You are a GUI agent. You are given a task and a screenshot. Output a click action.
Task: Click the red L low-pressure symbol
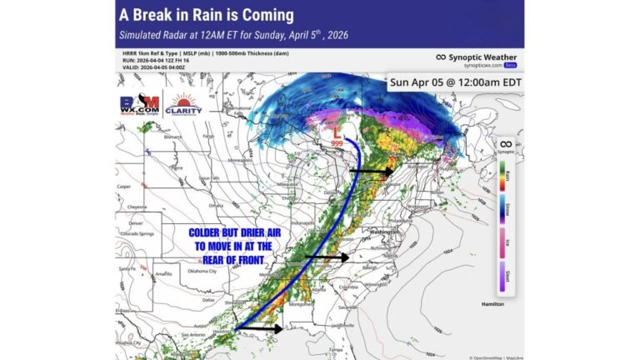[337, 132]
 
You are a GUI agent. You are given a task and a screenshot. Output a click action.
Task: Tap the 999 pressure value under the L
[337, 143]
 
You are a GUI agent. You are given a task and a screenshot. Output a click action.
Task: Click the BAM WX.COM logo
[138, 106]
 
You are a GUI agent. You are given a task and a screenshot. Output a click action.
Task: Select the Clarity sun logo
[182, 107]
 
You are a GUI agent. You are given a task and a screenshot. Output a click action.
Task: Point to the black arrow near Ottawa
[370, 171]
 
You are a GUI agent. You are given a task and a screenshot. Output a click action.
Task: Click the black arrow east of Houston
[264, 329]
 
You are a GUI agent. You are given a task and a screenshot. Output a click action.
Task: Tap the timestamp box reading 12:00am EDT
[454, 83]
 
